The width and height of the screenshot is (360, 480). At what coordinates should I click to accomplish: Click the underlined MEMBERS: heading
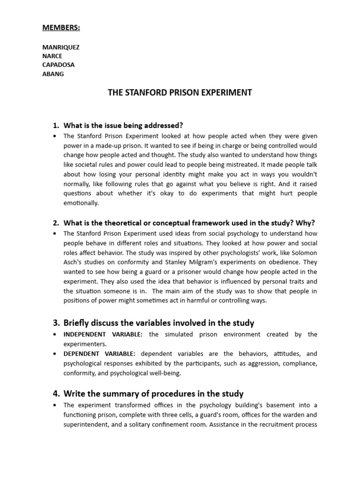point(61,28)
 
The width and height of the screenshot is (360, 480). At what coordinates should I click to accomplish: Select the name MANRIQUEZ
point(61,47)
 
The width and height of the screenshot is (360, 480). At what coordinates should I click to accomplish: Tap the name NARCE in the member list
point(52,56)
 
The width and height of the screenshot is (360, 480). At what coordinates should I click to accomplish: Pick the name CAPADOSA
point(58,65)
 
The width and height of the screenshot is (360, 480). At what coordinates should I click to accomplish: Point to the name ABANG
point(53,74)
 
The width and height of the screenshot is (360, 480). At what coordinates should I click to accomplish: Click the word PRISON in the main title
point(174,92)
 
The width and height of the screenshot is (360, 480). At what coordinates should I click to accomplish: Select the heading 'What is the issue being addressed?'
point(123,126)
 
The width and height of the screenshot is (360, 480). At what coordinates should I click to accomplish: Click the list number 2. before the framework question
point(56,222)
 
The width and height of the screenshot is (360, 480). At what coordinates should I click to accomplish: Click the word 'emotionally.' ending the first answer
point(81,203)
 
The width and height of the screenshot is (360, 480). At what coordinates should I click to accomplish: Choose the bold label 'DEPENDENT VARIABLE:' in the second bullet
point(100,354)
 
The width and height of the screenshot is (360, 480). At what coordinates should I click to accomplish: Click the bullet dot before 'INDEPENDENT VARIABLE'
point(55,334)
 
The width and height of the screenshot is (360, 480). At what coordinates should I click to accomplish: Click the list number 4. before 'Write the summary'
point(56,394)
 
